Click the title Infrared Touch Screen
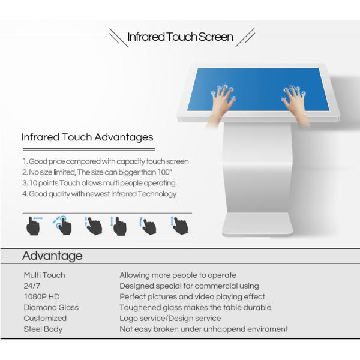[180, 37]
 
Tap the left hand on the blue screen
[221, 103]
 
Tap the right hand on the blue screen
[295, 103]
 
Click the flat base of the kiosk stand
[257, 224]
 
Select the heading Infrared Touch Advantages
[87, 137]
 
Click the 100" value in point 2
[164, 172]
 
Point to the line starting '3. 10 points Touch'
[99, 183]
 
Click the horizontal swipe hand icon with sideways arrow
[34, 226]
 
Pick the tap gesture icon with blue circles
[62, 225]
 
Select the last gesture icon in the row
[179, 226]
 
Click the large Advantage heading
[52, 256]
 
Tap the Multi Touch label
[44, 275]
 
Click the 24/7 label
[32, 286]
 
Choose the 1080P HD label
[42, 296]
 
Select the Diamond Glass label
[51, 307]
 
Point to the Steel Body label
[43, 329]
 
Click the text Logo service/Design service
[170, 318]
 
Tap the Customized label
[45, 318]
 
